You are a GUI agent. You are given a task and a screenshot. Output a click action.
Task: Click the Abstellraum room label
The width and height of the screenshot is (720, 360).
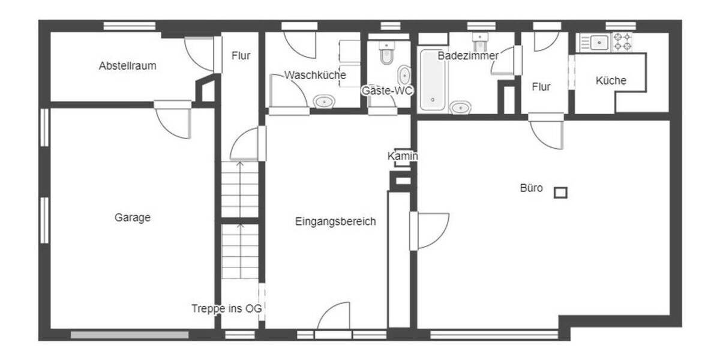pos(127,66)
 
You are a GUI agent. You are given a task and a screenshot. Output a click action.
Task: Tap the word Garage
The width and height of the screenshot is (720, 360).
pos(133,218)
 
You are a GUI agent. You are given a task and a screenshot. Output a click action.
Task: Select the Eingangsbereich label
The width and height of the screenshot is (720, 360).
pos(335,221)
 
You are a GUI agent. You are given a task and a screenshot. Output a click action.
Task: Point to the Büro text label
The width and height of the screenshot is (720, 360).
pos(531,188)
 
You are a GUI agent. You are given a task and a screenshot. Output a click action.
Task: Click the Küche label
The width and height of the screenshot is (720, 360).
pos(611,80)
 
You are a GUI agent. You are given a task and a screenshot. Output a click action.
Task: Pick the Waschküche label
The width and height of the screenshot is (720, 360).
pos(315,76)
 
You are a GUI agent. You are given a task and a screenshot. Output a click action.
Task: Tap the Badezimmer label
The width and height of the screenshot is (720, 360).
pos(467,56)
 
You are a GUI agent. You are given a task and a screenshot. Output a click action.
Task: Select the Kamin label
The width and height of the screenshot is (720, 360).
pos(402,157)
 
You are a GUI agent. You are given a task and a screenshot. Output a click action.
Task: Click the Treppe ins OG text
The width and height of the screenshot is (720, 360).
pos(227,309)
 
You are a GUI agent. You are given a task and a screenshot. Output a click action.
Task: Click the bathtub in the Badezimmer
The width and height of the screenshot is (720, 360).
pos(433,80)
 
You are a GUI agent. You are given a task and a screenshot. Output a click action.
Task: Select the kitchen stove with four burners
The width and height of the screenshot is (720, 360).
pos(622,42)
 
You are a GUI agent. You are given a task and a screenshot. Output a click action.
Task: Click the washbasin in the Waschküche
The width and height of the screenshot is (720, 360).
pos(324,101)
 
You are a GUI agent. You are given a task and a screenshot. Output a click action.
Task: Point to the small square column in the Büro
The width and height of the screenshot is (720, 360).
pos(560,193)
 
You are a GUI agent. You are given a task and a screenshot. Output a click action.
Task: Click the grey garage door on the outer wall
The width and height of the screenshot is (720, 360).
pos(130,335)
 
